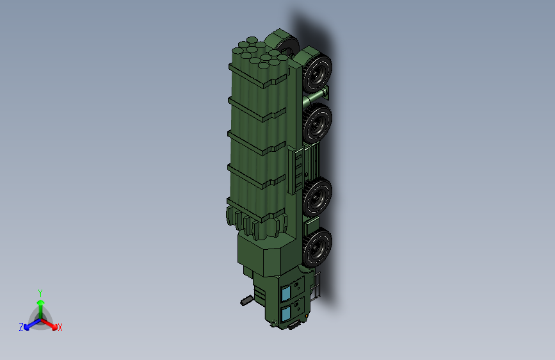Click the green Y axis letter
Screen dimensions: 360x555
(x=40, y=292)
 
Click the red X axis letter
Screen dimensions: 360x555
(x=60, y=328)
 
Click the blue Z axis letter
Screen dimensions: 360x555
(x=21, y=327)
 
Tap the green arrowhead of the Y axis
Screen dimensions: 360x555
(x=40, y=302)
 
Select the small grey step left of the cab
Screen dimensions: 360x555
(x=246, y=299)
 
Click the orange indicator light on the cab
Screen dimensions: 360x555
(x=307, y=316)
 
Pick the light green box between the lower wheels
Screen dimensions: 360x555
(x=312, y=224)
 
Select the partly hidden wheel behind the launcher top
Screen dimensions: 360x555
(x=288, y=45)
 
